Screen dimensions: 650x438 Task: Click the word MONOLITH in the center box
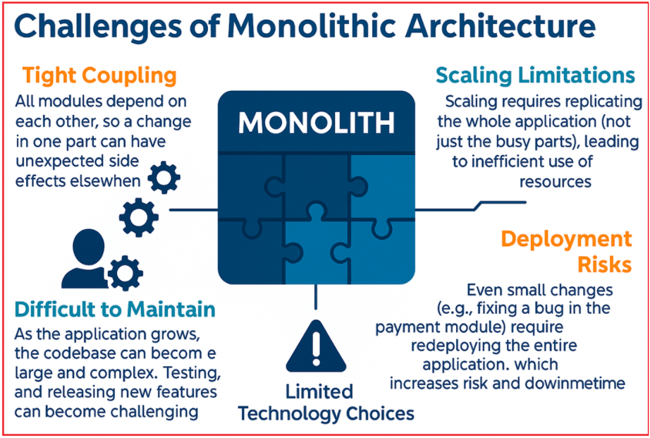[317, 123]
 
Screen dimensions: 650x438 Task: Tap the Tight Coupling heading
[100, 76]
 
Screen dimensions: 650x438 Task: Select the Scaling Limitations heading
[535, 75]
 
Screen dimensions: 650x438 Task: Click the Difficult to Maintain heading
[115, 310]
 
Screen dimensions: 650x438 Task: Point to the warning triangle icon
[316, 346]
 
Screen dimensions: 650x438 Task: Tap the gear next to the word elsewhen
[164, 178]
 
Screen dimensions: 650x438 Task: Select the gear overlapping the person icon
[125, 273]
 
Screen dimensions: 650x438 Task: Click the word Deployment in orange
[566, 241]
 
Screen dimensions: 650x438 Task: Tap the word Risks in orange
[604, 264]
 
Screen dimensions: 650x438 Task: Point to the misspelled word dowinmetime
[575, 383]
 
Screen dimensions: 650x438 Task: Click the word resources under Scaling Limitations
[556, 182]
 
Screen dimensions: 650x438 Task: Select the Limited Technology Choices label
[326, 402]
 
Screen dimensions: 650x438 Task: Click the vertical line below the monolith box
[315, 297]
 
